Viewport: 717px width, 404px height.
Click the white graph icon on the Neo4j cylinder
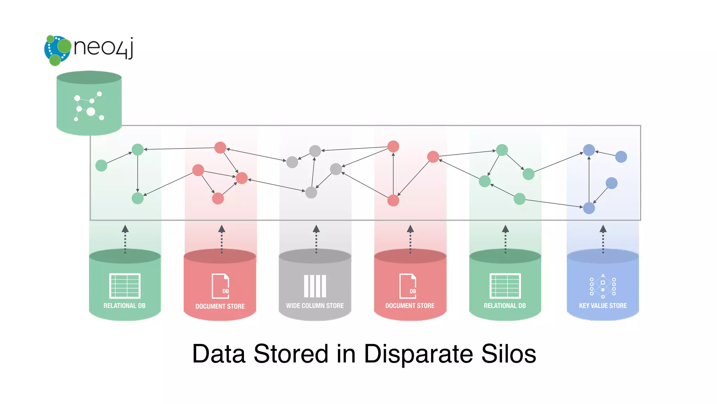pos(89,107)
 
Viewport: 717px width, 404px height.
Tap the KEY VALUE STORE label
pos(603,305)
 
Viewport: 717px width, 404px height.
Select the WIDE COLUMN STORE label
pos(315,305)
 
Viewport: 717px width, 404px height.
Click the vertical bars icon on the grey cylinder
pos(315,286)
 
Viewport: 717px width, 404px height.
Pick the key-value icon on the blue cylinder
pos(603,286)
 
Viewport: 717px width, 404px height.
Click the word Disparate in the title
pos(418,353)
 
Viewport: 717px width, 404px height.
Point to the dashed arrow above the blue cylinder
pos(603,239)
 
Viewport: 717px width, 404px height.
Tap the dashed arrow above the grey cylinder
pos(316,239)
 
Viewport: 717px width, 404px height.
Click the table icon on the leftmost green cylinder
pos(125,286)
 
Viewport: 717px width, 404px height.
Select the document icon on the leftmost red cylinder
pos(221,286)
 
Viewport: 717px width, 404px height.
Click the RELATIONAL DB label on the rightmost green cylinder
pos(504,305)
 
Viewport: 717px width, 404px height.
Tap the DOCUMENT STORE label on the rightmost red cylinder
pos(410,305)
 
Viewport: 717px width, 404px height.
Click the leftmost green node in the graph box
pos(101,165)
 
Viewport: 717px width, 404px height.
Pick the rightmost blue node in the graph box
pos(621,156)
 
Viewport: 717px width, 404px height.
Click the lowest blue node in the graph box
pos(589,208)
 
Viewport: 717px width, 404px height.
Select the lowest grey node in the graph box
pos(311,192)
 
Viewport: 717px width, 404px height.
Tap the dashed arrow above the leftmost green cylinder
pos(125,239)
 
